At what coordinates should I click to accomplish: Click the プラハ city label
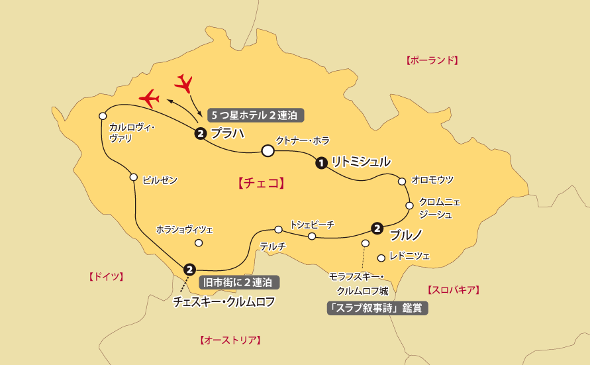point(228,133)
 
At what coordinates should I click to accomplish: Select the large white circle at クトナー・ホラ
point(268,151)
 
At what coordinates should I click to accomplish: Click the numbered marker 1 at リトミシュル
point(321,162)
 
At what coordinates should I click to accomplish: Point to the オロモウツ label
point(432,180)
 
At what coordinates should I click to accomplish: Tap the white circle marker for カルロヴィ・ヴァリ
point(103,116)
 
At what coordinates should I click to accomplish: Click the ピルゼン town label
point(160,180)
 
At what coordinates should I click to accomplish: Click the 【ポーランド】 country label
point(432,60)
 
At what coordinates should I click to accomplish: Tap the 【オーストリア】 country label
point(230,340)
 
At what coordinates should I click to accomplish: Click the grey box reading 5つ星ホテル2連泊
point(256,115)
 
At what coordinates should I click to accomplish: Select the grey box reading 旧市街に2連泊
point(239,282)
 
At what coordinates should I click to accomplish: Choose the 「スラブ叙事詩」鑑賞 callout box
point(377,308)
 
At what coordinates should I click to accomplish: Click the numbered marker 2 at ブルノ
point(377,229)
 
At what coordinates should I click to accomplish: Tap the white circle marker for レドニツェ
point(381,258)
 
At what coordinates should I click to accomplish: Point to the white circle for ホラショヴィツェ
point(198,242)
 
